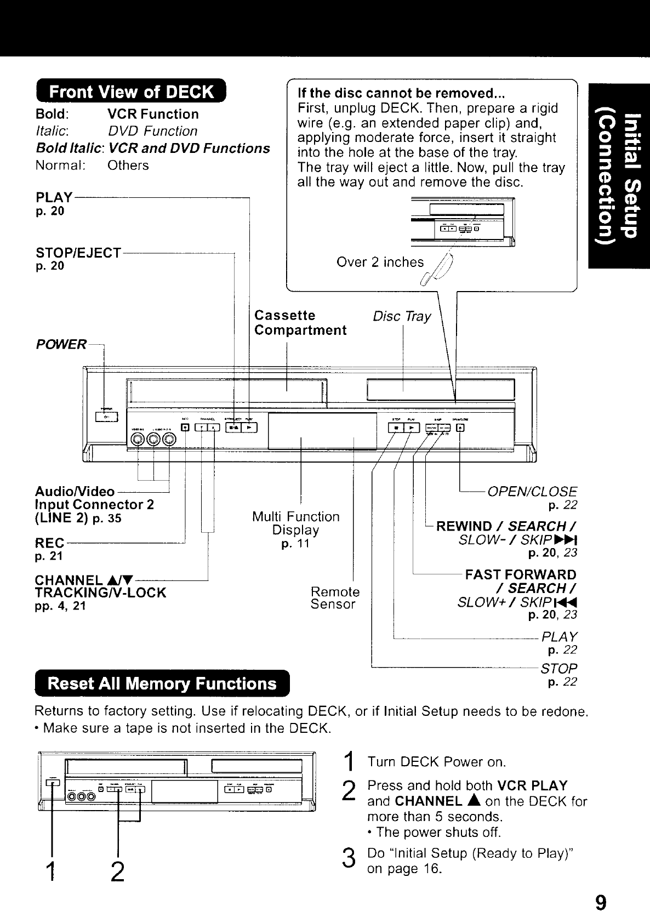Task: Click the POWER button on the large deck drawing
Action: (x=103, y=417)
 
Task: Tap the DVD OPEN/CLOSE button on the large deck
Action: (x=460, y=428)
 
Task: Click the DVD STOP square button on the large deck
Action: (x=396, y=428)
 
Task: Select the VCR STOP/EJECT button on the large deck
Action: (x=234, y=428)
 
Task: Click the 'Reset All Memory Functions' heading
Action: (x=162, y=683)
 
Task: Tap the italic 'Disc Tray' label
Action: (x=402, y=317)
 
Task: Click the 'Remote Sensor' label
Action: (x=335, y=598)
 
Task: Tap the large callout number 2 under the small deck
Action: (x=117, y=871)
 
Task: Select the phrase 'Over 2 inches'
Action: (x=380, y=263)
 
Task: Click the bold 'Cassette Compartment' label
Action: (x=300, y=323)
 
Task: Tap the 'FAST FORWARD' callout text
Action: (x=520, y=574)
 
